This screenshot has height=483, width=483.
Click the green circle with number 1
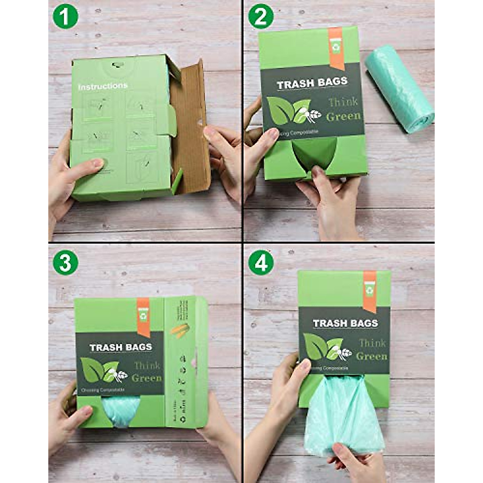[65, 17]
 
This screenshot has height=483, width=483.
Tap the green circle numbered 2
[261, 17]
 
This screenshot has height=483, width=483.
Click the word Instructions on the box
[103, 86]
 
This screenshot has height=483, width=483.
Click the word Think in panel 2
[343, 102]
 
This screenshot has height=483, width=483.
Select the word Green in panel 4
[372, 356]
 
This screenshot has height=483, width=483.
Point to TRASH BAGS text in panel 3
[121, 347]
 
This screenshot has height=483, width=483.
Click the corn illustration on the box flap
[180, 330]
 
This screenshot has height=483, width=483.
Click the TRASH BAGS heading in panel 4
[345, 323]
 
